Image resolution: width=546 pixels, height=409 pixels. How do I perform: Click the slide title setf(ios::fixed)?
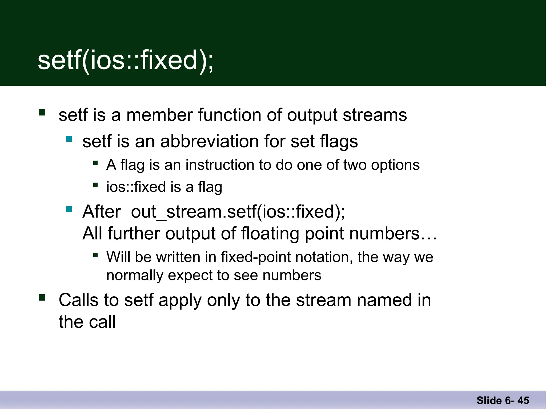click(125, 61)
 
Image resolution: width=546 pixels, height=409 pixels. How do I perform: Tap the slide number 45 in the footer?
click(523, 400)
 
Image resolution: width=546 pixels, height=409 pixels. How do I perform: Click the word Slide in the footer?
click(489, 400)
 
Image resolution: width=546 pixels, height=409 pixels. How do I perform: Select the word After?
click(102, 212)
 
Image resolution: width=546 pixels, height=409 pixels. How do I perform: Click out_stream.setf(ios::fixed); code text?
click(238, 212)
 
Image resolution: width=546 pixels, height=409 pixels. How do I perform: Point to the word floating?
click(270, 234)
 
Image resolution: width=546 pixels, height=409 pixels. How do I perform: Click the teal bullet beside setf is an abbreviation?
click(69, 139)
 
